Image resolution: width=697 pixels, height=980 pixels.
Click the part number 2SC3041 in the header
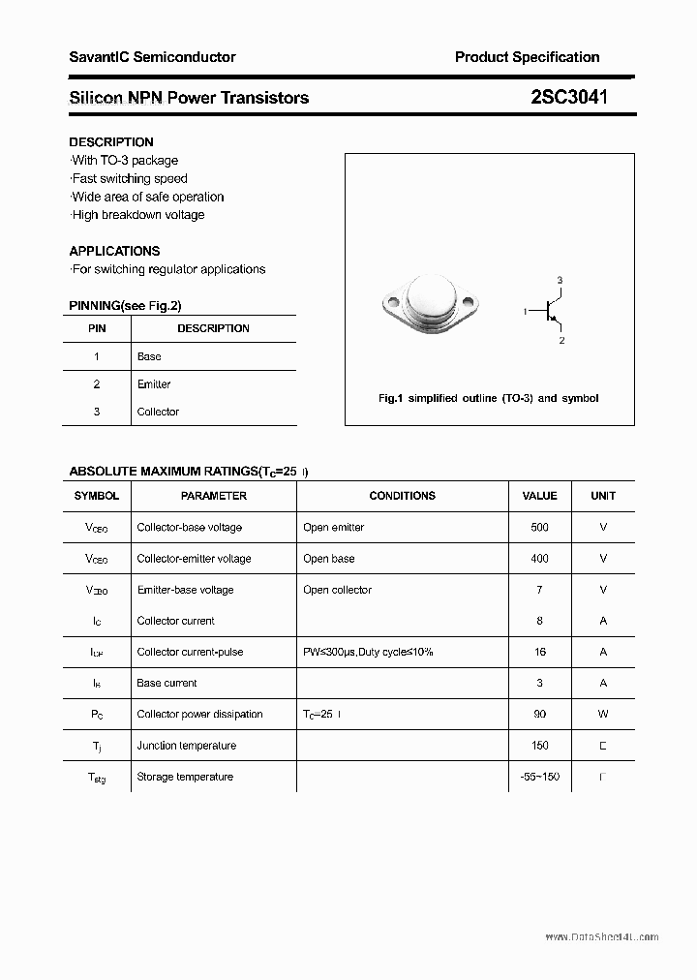click(x=569, y=97)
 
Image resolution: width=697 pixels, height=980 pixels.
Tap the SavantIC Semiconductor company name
click(x=152, y=57)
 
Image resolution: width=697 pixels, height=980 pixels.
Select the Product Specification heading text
click(x=527, y=57)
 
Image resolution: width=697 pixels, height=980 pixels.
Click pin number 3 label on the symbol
click(x=560, y=281)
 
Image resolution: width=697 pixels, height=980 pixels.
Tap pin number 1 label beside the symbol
click(x=525, y=311)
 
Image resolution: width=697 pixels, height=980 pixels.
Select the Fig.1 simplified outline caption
click(x=488, y=398)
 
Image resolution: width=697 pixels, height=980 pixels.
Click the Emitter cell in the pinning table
click(x=154, y=384)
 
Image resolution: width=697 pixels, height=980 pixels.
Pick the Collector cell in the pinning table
click(x=158, y=412)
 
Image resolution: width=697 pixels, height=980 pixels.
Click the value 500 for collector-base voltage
click(x=539, y=528)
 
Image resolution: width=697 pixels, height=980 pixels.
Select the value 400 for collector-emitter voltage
click(x=539, y=559)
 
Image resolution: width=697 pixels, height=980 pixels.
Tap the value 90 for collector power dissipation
click(x=539, y=714)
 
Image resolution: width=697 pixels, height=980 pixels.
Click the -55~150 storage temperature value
click(x=539, y=777)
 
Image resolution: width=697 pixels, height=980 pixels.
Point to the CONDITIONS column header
click(x=402, y=496)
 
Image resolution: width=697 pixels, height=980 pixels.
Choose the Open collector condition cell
click(x=337, y=590)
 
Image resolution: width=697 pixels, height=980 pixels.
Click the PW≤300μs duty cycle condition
click(x=368, y=652)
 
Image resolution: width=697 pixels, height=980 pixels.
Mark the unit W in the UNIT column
click(x=603, y=714)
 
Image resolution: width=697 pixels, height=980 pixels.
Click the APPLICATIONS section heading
click(x=114, y=251)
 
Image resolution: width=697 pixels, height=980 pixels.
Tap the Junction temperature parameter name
click(x=186, y=746)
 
